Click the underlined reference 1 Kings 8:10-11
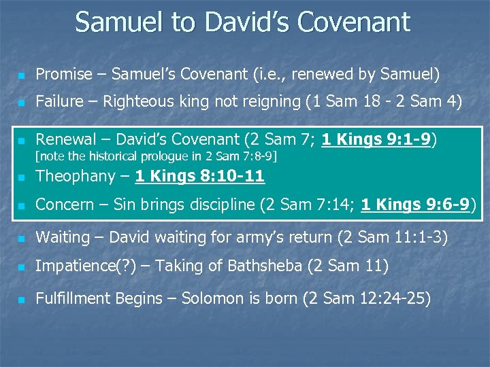pyautogui.click(x=199, y=177)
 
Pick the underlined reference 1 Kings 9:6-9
pyautogui.click(x=415, y=204)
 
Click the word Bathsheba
pyautogui.click(x=266, y=266)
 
